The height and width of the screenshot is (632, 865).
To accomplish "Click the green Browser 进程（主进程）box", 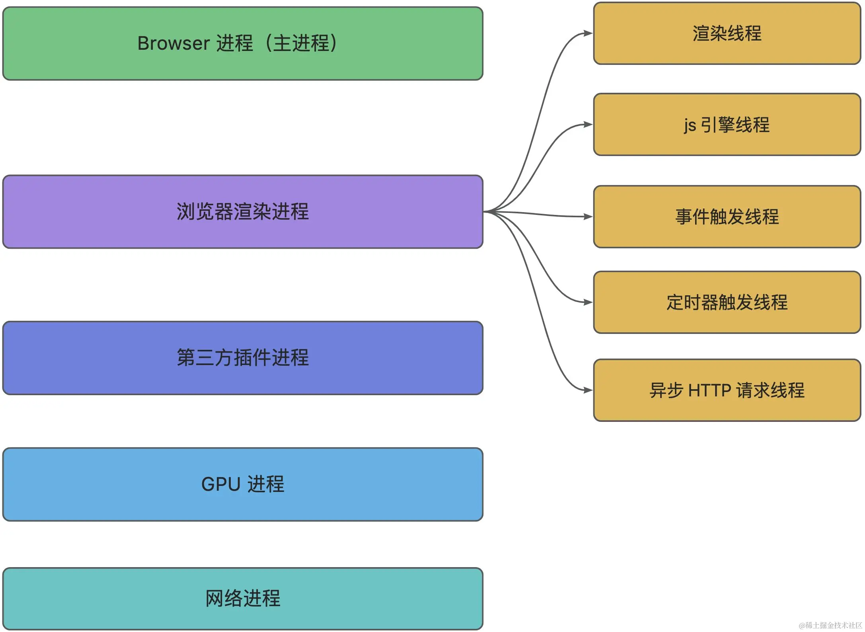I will (243, 43).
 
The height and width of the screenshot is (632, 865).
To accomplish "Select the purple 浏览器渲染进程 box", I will (243, 212).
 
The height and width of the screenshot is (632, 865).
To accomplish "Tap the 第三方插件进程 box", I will (243, 358).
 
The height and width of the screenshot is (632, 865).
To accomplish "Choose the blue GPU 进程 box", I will (243, 484).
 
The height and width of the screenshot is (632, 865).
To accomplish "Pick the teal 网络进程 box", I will (243, 598).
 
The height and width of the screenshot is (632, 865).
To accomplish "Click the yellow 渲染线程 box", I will (727, 33).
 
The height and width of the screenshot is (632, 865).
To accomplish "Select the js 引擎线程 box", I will (727, 125).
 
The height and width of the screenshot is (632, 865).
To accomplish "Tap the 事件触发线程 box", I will (727, 217).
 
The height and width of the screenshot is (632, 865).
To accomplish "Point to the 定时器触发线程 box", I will (727, 302).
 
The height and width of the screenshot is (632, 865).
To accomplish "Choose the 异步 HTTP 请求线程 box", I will (727, 390).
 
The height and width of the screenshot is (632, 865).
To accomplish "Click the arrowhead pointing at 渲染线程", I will (588, 33).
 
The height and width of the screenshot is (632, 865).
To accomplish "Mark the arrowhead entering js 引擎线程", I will (588, 125).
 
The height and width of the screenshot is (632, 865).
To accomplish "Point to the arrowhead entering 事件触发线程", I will (588, 217).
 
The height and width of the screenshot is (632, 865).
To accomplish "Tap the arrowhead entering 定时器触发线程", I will (588, 302).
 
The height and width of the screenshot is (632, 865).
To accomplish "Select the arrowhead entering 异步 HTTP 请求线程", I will (588, 390).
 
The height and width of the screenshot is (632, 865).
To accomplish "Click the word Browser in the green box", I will (173, 43).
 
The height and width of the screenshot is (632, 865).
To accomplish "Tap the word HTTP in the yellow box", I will (709, 390).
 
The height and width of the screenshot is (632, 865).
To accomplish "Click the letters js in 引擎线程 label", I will (690, 125).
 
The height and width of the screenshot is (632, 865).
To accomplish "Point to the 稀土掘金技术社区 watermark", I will (830, 625).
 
